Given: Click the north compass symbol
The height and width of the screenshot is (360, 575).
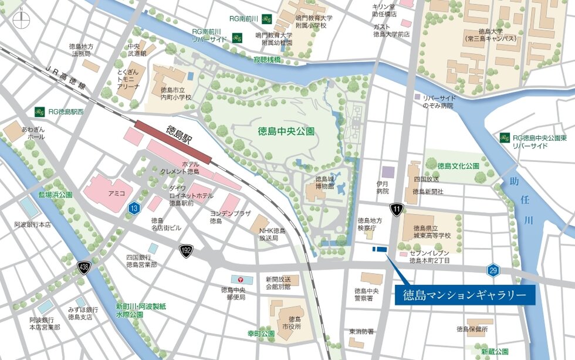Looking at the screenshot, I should click(x=19, y=18).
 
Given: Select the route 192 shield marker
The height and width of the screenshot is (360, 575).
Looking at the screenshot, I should click(x=186, y=251).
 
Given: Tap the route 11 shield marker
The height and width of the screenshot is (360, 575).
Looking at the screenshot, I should click(x=398, y=209).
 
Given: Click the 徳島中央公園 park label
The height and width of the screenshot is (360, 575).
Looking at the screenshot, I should click(x=286, y=131).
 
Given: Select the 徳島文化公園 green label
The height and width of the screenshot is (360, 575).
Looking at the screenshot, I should click(x=458, y=166).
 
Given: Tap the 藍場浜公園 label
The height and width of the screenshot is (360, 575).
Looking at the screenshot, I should click(x=55, y=194).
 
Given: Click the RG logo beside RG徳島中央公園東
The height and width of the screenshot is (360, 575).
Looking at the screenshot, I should click(x=504, y=138).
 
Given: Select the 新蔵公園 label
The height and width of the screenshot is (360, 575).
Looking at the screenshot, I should click(x=495, y=352).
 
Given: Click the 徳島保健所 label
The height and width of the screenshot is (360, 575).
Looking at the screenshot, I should click(x=472, y=330).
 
